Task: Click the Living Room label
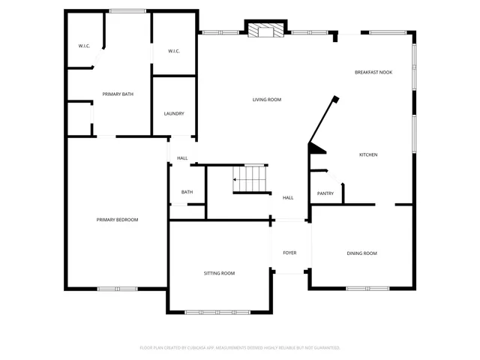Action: (x=267, y=99)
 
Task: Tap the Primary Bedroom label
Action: (x=117, y=219)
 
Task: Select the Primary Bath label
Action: (x=118, y=94)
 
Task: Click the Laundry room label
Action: (x=174, y=113)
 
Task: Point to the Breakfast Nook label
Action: (x=373, y=72)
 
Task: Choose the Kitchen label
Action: (x=368, y=154)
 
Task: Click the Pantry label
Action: (x=325, y=193)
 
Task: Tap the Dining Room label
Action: (x=361, y=253)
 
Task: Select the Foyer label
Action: (x=289, y=253)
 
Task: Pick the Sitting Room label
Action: (x=220, y=273)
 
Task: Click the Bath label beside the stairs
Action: (x=187, y=192)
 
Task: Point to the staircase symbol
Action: (x=250, y=178)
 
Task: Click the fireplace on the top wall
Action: (x=266, y=31)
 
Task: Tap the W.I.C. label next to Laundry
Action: (x=174, y=51)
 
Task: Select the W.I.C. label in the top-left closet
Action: (x=84, y=46)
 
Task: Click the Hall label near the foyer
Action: (x=288, y=198)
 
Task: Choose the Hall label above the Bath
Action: (x=182, y=158)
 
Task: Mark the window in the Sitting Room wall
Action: (x=220, y=312)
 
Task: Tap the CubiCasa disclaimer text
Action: (x=240, y=347)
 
